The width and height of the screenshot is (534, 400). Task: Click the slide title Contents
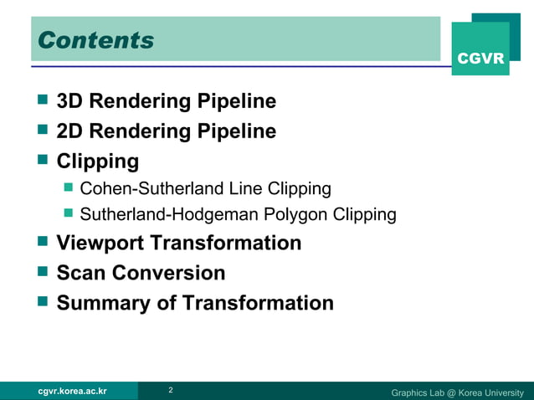click(96, 40)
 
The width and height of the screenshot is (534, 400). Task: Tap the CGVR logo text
click(480, 59)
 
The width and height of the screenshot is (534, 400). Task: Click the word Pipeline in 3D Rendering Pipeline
click(236, 102)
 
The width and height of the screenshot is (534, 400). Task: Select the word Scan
click(81, 273)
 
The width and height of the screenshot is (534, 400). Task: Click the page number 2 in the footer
click(171, 391)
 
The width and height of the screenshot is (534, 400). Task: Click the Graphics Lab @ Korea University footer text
click(457, 392)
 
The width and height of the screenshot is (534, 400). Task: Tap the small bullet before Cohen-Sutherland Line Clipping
click(69, 187)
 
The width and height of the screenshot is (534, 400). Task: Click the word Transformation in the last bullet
click(258, 303)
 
